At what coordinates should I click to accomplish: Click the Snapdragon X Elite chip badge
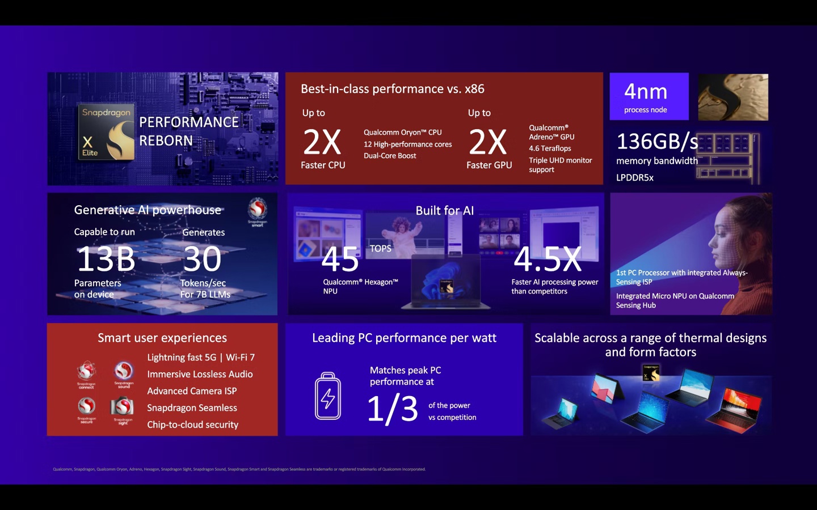tap(106, 131)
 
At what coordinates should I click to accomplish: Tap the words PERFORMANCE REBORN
tap(188, 131)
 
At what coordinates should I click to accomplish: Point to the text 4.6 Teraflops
tap(550, 148)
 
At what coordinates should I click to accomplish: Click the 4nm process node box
tap(648, 96)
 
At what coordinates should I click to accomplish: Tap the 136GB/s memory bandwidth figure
tap(656, 142)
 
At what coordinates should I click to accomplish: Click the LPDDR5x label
tap(635, 178)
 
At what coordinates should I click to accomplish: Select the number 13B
tap(106, 259)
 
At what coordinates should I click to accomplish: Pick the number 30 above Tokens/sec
tap(202, 259)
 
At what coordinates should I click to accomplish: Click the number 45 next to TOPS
tap(340, 260)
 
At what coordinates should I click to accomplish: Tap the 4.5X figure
tap(548, 259)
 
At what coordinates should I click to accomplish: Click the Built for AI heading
tap(444, 211)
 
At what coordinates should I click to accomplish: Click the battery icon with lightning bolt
tap(328, 396)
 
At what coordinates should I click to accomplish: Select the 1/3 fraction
tap(392, 409)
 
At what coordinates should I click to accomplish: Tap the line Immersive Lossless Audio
tap(200, 375)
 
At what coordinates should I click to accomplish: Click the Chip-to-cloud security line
tap(192, 425)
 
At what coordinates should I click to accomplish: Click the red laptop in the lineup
tap(734, 409)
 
